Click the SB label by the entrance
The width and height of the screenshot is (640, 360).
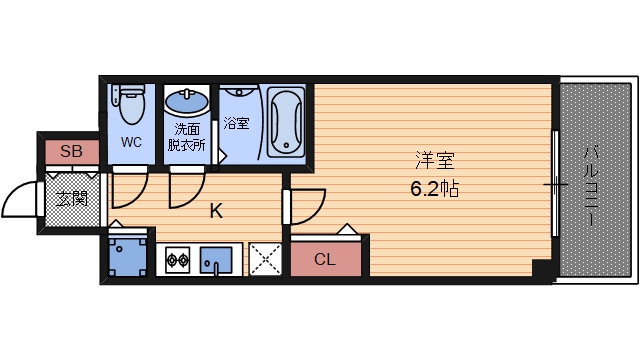pyautogui.click(x=71, y=152)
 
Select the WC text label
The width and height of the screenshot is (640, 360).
pyautogui.click(x=131, y=142)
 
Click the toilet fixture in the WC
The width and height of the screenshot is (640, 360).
pyautogui.click(x=128, y=96)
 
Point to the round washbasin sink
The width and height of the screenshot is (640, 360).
pyautogui.click(x=186, y=101)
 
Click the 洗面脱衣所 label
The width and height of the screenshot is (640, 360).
pyautogui.click(x=186, y=136)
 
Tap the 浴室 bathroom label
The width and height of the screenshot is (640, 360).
pyautogui.click(x=237, y=124)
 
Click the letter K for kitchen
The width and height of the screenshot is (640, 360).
pyautogui.click(x=215, y=211)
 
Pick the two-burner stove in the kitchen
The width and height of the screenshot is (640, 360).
pyautogui.click(x=177, y=262)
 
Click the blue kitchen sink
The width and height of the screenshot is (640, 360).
pyautogui.click(x=214, y=261)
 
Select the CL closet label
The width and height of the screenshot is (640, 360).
pyautogui.click(x=325, y=260)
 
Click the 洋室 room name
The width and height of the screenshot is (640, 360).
pyautogui.click(x=433, y=160)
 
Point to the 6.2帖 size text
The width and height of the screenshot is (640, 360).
pyautogui.click(x=433, y=187)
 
